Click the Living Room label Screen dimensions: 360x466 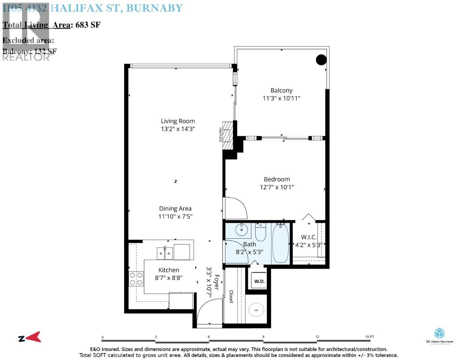178,121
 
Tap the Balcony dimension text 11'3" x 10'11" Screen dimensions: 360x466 281,98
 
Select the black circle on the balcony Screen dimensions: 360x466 321,60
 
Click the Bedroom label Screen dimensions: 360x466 277,179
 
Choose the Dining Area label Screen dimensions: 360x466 175,208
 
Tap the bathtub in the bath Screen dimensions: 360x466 280,244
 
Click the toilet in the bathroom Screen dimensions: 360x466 260,232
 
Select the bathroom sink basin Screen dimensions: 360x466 241,230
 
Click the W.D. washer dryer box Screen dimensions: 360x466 259,281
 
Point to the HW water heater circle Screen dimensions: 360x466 256,310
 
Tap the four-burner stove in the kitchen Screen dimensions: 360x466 136,279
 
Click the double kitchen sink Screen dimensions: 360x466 165,253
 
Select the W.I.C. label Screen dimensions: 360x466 309,237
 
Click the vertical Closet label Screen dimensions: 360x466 231,296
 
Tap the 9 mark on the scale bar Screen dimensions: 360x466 263,337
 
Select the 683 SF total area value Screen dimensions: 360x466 88,25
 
